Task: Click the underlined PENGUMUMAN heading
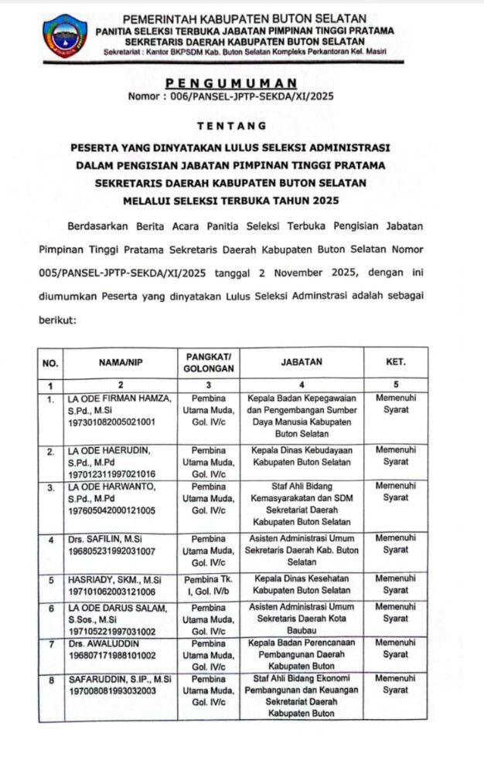coord(231,83)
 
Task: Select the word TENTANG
coord(231,125)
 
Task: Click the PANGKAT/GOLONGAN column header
coord(209,361)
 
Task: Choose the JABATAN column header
coord(302,361)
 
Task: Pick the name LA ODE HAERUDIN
coord(109,450)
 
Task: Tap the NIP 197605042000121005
coord(111,510)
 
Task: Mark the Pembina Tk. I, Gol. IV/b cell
coord(209,584)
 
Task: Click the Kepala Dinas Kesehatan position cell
coord(302,584)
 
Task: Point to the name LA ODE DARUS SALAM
coord(117,608)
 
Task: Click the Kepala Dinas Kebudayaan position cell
coord(302,456)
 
